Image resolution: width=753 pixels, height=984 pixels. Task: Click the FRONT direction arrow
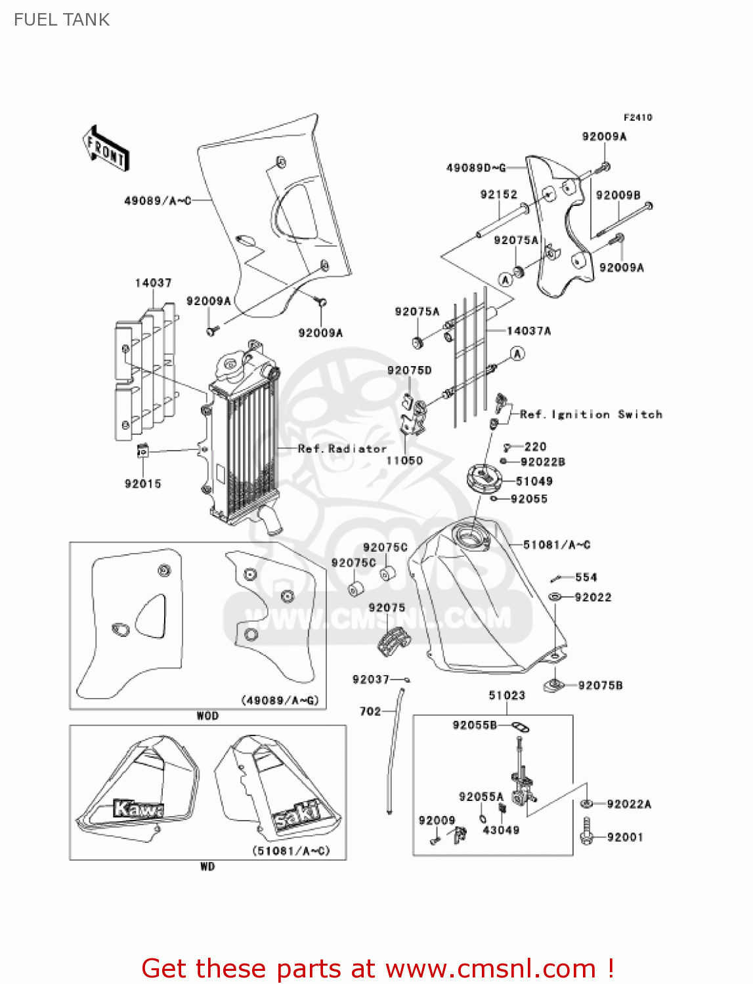pyautogui.click(x=106, y=149)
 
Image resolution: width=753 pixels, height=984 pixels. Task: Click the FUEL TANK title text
pyautogui.click(x=62, y=20)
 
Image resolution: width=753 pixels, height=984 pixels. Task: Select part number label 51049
pyautogui.click(x=534, y=481)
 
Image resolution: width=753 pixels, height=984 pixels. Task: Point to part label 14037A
pyautogui.click(x=528, y=331)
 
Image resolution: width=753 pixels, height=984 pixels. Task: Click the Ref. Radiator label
pyautogui.click(x=342, y=449)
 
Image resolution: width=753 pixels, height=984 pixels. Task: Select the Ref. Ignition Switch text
pyautogui.click(x=591, y=414)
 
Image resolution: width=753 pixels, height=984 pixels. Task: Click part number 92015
pyautogui.click(x=142, y=483)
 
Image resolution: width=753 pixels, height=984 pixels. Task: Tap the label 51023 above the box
pyautogui.click(x=507, y=695)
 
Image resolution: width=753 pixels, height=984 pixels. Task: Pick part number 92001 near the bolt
pyautogui.click(x=625, y=837)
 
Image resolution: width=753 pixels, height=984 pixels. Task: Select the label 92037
pyautogui.click(x=371, y=679)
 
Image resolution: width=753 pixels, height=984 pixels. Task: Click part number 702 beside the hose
pyautogui.click(x=370, y=711)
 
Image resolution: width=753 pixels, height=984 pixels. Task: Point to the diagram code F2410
pyautogui.click(x=637, y=117)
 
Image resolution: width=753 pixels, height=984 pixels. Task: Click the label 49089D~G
pyautogui.click(x=476, y=168)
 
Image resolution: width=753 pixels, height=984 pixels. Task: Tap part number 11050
pyautogui.click(x=404, y=461)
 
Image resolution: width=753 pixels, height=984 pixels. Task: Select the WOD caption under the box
pyautogui.click(x=207, y=716)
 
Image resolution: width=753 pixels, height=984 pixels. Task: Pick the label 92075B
pyautogui.click(x=600, y=686)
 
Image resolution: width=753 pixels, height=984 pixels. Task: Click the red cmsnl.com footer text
pyautogui.click(x=377, y=968)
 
